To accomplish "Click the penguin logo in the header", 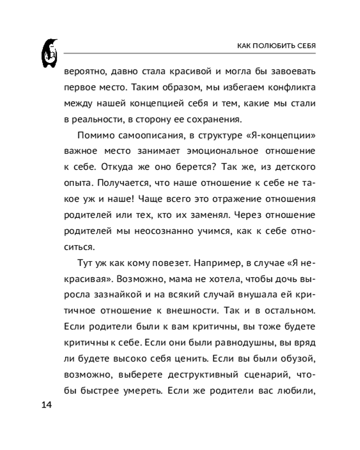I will tap(50, 54).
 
